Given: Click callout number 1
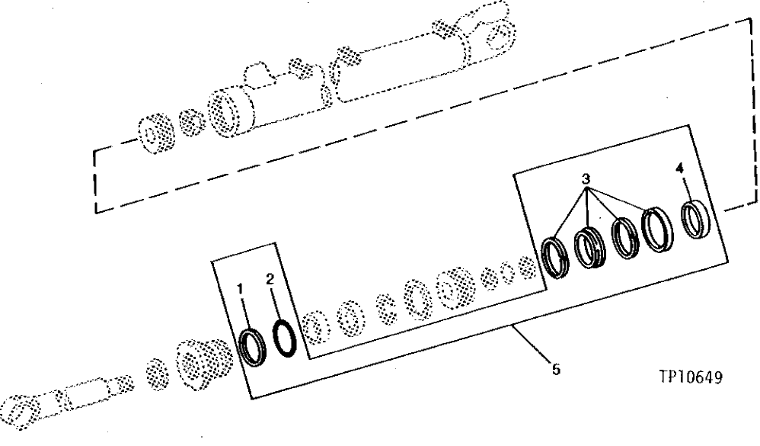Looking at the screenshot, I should coord(241,289).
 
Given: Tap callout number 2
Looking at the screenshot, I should coord(270,280).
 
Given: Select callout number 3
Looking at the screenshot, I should coord(585,179).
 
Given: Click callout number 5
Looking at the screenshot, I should coord(556,369).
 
